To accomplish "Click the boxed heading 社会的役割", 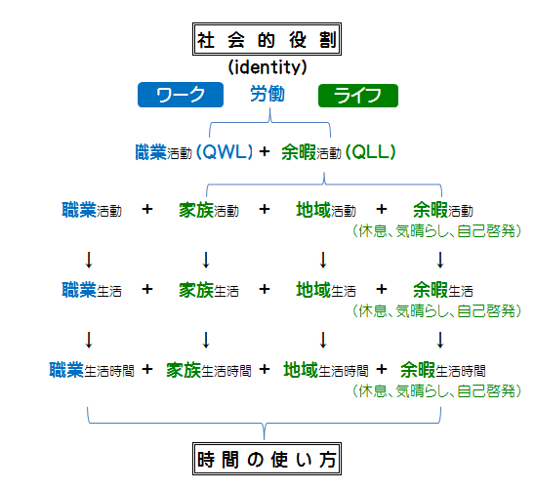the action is point(267,39).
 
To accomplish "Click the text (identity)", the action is point(267,66).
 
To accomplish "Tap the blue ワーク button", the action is point(181,95).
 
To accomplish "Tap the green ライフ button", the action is point(358,96).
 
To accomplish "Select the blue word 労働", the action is point(267,94).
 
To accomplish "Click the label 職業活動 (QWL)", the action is point(193,152).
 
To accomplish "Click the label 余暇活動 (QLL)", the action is point(339,152).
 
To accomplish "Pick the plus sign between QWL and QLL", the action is point(265,151).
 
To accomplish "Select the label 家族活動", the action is point(209,210).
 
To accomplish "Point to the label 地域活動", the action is point(326,210).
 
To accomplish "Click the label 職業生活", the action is point(92,290).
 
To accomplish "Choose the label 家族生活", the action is point(209,290).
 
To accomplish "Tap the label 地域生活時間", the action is point(326,370).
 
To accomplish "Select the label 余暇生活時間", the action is point(443,370).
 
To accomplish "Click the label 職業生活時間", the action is point(92,370).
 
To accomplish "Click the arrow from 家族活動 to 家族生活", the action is point(206,260).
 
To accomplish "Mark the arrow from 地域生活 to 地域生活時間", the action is point(323,340).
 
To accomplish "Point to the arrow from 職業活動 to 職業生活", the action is point(89,260).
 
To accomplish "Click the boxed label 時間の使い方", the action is point(267,459).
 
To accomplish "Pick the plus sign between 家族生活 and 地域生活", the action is point(265,289).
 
